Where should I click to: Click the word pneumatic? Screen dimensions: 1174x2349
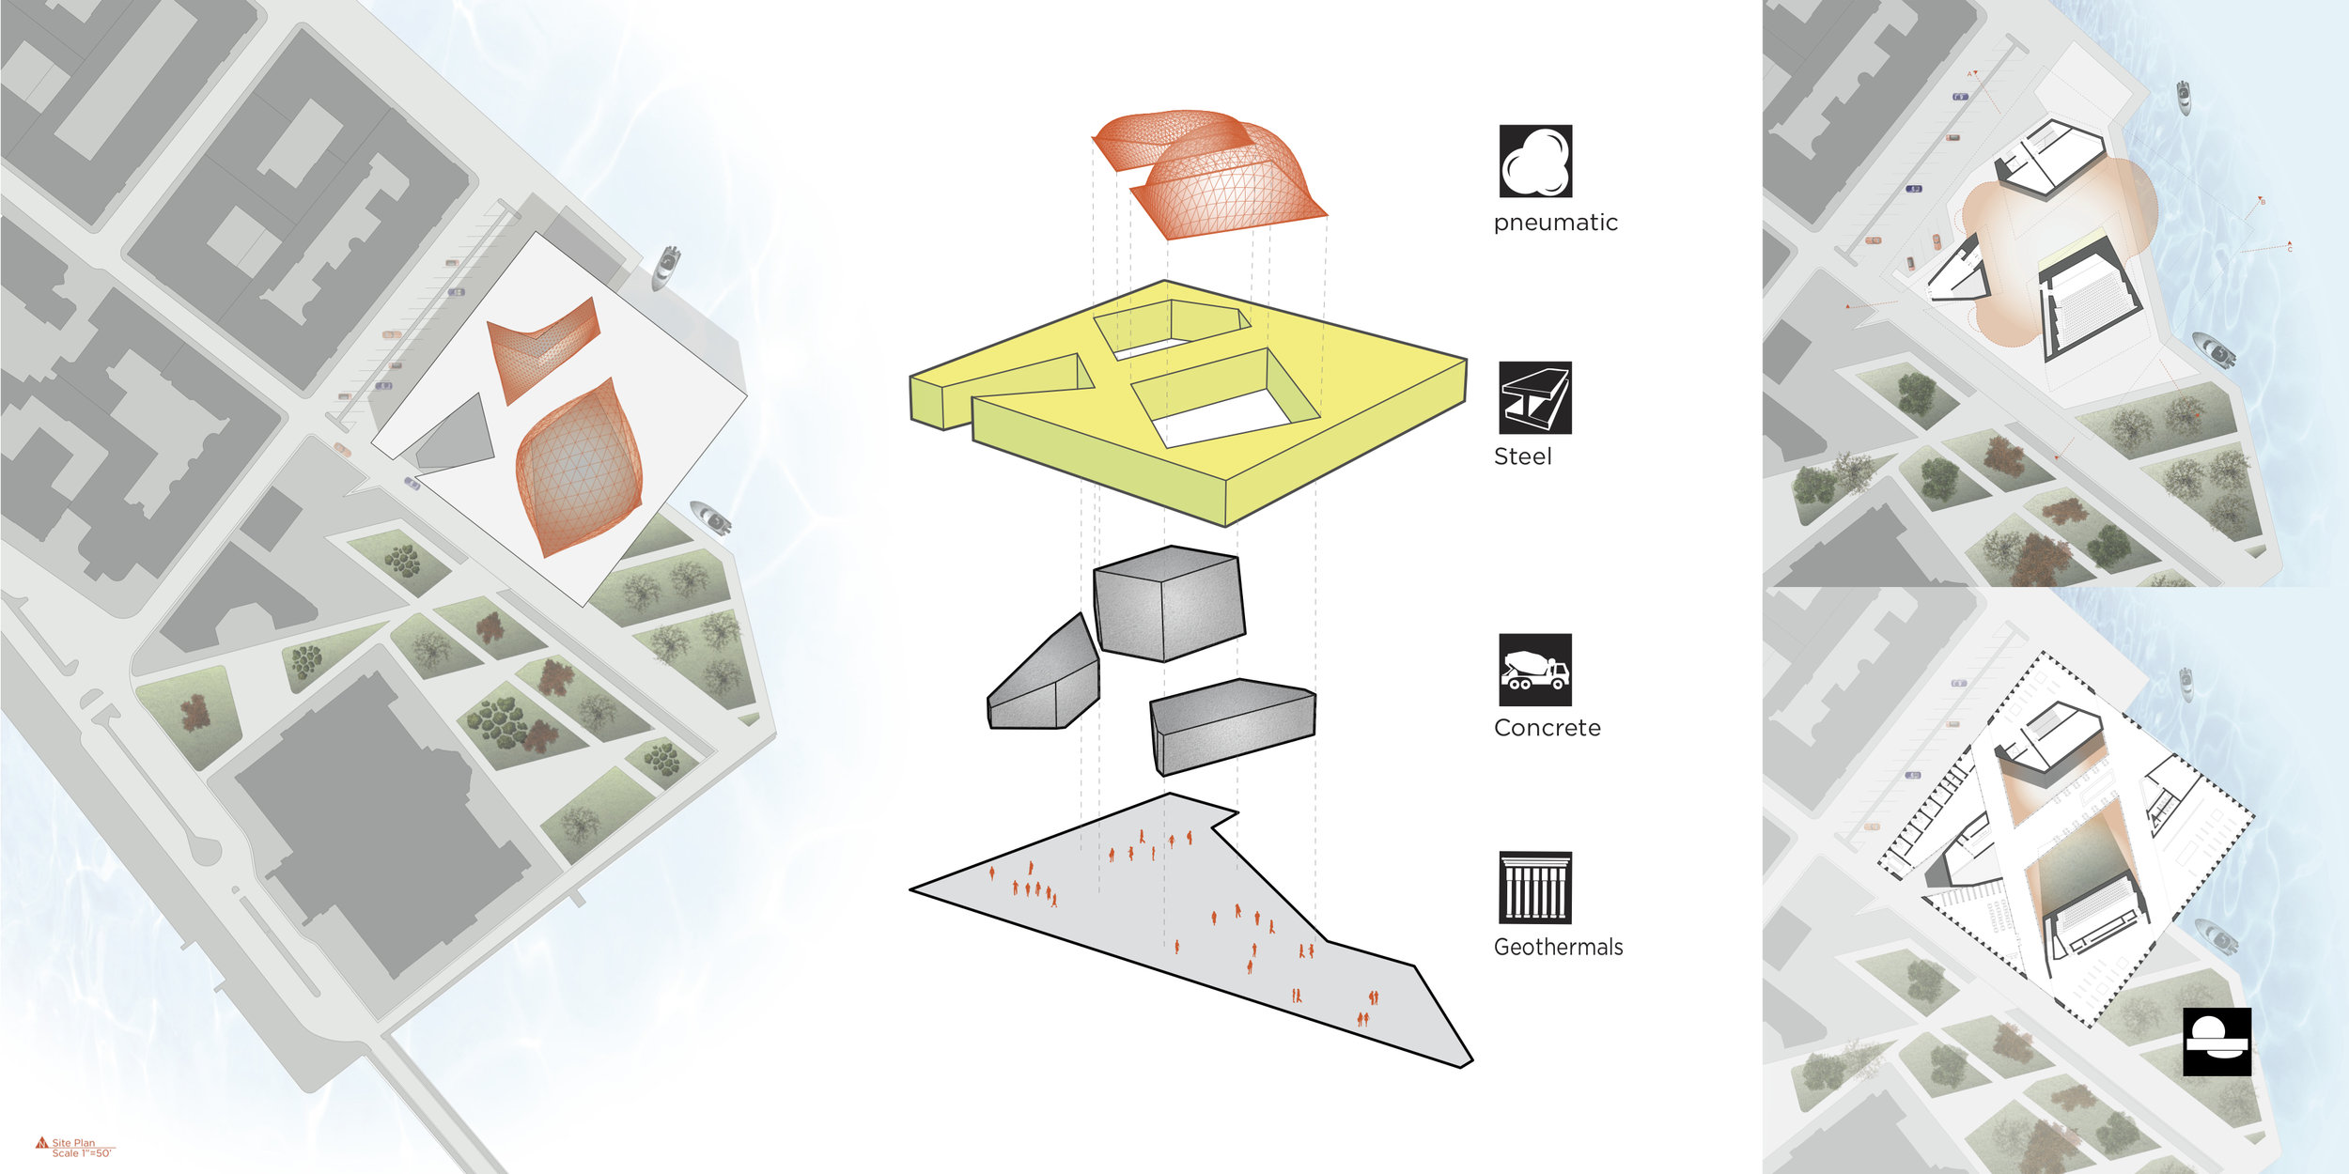tap(1555, 224)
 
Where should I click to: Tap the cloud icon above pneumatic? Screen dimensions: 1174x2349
tap(1535, 162)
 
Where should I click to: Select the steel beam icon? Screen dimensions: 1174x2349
tap(1535, 398)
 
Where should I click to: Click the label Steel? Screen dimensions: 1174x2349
tap(1522, 457)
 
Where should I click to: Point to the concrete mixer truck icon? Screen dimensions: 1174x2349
tap(1535, 670)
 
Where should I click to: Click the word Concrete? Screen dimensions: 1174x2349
tap(1547, 728)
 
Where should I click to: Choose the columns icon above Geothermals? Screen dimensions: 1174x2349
tap(1535, 888)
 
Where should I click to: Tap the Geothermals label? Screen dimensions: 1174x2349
tap(1558, 947)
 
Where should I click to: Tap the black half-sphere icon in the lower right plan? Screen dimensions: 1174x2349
tap(2217, 1042)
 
